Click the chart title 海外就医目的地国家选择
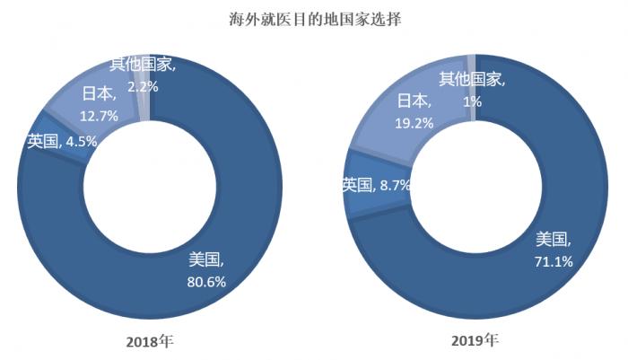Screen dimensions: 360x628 click(314, 17)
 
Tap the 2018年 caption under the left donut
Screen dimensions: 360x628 click(150, 342)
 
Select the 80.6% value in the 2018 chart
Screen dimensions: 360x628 click(205, 281)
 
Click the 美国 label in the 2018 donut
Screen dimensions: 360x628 click(205, 261)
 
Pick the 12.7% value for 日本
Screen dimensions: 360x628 click(100, 115)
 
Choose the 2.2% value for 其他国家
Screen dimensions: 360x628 click(144, 87)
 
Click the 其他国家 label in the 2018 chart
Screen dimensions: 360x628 click(143, 66)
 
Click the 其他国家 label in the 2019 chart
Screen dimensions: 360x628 click(472, 80)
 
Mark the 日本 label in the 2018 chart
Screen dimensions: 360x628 click(100, 93)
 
